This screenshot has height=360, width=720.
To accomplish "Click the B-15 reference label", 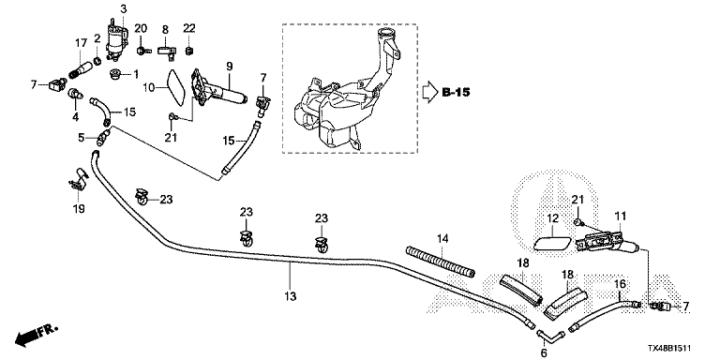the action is click(x=456, y=92).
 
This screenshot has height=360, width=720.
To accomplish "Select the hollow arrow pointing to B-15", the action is click(x=430, y=92).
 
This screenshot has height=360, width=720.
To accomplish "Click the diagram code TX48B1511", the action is click(x=669, y=350).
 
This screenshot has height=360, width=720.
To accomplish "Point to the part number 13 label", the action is click(x=291, y=296).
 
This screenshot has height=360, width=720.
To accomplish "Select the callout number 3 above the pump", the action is click(x=124, y=8).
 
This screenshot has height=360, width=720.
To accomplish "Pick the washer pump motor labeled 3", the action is click(x=115, y=39).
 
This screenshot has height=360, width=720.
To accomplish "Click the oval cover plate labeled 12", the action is click(x=553, y=237).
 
